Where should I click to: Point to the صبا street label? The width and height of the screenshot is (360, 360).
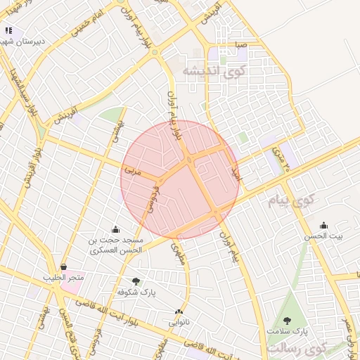click(x=241, y=45)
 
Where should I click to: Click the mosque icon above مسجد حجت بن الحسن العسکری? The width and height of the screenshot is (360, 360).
click(x=116, y=229)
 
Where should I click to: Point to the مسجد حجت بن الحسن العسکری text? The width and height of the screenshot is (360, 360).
click(x=116, y=245)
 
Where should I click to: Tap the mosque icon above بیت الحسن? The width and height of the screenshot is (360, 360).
click(x=323, y=225)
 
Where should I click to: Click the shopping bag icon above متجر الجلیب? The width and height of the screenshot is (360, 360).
click(x=64, y=267)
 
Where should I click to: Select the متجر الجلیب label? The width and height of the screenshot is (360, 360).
click(x=64, y=278)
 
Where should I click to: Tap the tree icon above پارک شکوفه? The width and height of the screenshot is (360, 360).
click(x=136, y=281)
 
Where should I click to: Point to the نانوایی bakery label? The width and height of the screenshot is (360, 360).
click(x=179, y=323)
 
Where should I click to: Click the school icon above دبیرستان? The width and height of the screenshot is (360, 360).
click(x=9, y=30)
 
